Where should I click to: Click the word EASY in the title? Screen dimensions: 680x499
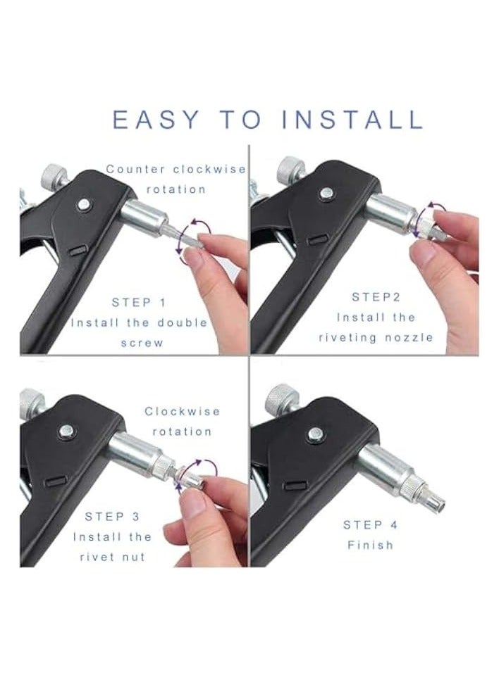click(x=156, y=120)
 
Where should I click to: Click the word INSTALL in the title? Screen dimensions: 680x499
click(x=352, y=120)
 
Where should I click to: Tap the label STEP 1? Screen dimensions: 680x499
click(x=139, y=303)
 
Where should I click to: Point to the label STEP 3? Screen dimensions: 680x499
click(x=112, y=517)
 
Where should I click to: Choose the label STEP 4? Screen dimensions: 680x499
click(x=375, y=525)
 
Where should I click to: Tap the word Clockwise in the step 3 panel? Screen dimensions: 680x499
click(x=183, y=411)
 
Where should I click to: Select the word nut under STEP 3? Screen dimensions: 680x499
click(x=133, y=557)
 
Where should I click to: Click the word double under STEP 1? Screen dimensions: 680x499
click(x=180, y=322)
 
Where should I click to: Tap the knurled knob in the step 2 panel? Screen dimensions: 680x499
click(x=290, y=170)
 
